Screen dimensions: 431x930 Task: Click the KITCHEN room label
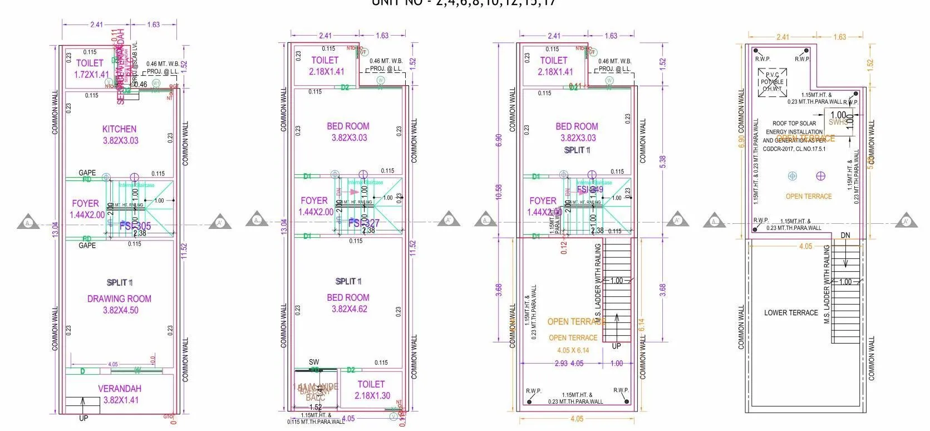tap(119, 129)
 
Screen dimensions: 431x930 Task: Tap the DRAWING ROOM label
tap(119, 299)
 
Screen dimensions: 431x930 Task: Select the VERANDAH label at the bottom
tap(120, 389)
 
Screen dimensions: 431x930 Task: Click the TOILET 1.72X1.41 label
tap(90, 63)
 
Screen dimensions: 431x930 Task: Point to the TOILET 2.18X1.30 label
tap(371, 384)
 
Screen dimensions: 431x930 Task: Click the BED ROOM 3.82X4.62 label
tap(348, 298)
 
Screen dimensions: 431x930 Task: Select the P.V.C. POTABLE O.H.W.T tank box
tap(772, 82)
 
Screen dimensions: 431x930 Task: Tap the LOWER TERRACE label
tap(791, 313)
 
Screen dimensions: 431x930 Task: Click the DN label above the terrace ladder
tap(845, 236)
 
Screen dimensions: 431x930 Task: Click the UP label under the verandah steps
tap(83, 418)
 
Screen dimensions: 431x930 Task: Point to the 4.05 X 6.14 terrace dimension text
tap(573, 350)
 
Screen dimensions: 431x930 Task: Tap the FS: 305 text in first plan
tap(135, 226)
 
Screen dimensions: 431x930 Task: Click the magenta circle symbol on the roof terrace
tap(820, 176)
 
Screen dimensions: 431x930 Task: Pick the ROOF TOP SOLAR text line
tap(794, 124)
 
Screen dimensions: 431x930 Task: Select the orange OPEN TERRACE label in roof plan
tap(809, 196)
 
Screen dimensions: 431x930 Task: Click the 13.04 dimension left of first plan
tap(55, 229)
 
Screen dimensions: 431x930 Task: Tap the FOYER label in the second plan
tap(314, 200)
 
